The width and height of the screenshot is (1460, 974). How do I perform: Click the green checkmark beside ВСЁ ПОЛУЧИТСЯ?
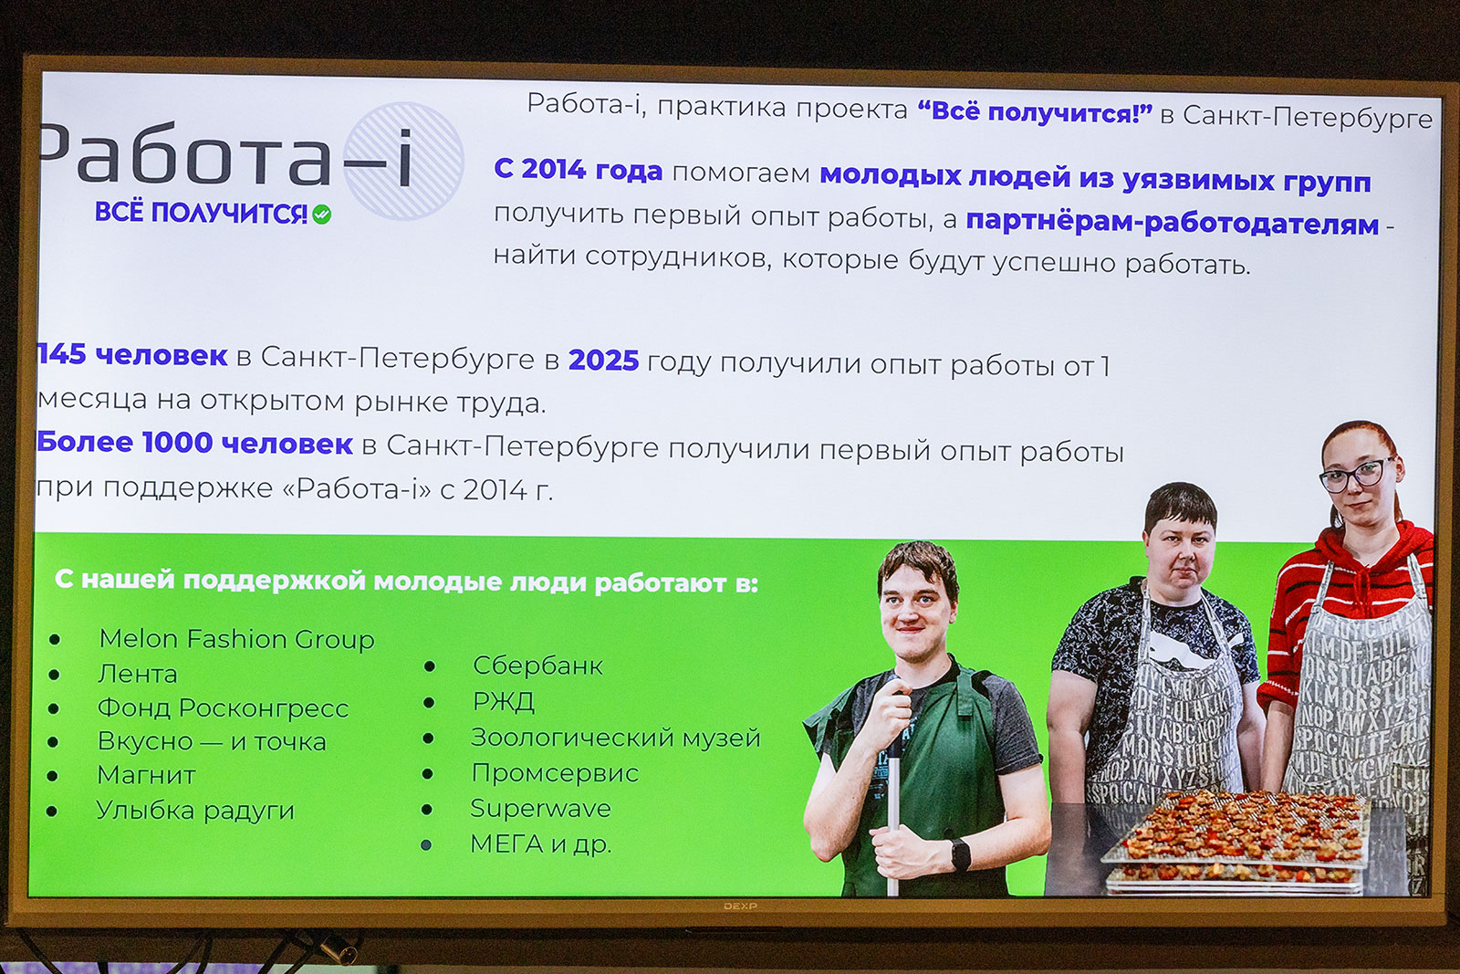pos(321,214)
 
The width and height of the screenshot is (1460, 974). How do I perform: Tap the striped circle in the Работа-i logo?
pos(403,161)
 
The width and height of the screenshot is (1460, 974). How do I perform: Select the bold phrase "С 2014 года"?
pos(579,170)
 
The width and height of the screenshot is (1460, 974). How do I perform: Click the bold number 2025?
pos(603,361)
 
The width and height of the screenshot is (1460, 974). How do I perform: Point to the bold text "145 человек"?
pos(132,355)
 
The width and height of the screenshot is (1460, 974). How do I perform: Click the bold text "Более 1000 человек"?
pos(195,443)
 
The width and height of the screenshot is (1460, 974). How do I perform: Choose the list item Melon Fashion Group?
pos(236,640)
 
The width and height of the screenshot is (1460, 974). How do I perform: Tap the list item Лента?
pos(138,674)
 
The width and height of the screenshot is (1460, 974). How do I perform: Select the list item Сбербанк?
pos(537,665)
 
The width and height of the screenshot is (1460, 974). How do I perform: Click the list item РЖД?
pos(503,701)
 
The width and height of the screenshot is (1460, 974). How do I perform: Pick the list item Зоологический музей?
pos(615,738)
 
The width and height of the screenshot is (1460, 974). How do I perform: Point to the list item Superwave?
pos(540,809)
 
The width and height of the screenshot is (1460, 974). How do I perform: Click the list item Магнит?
pos(146,776)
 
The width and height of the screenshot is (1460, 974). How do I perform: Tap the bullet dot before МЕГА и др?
pos(426,845)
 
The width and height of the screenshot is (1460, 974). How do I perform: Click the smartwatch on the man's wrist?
pos(960,854)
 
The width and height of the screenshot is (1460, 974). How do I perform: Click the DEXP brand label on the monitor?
pos(740,906)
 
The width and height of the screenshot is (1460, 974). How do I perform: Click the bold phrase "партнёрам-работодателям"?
pos(1172,224)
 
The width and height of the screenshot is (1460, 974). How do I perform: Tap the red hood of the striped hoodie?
pos(1342,554)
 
